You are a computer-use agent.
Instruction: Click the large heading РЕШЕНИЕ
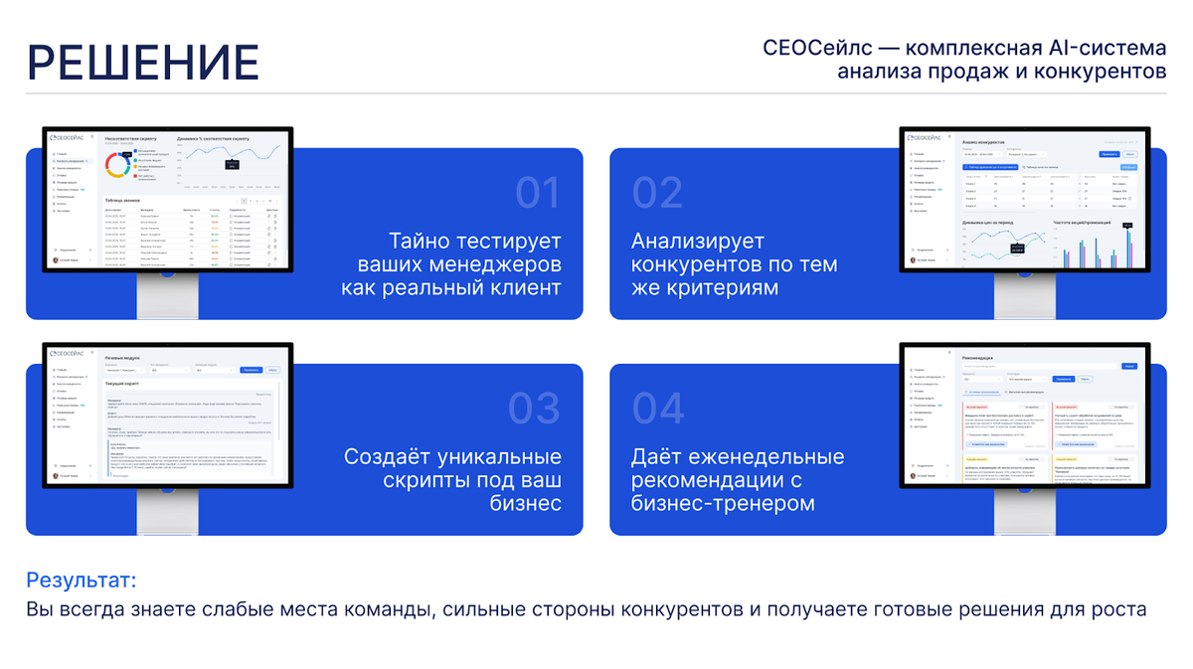(143, 62)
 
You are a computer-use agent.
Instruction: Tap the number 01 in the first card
(538, 193)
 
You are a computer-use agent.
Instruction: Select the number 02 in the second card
(657, 193)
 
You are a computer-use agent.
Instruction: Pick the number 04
(658, 409)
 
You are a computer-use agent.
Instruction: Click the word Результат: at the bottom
(81, 581)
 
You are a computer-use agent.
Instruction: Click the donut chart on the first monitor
(117, 164)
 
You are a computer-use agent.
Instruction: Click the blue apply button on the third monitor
(252, 369)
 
